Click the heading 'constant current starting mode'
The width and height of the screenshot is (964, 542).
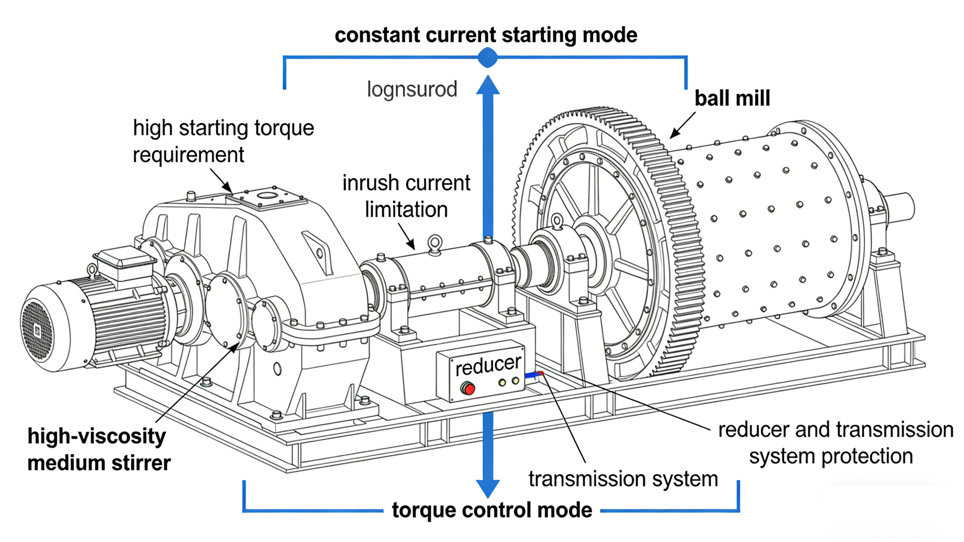pyautogui.click(x=486, y=35)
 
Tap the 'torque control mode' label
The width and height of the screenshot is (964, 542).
pyautogui.click(x=492, y=510)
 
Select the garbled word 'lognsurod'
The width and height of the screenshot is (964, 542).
pyautogui.click(x=412, y=89)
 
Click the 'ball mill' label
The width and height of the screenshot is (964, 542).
pyautogui.click(x=732, y=99)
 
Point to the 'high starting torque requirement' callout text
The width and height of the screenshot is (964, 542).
pyautogui.click(x=224, y=141)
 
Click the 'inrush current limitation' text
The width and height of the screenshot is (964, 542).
pyautogui.click(x=406, y=196)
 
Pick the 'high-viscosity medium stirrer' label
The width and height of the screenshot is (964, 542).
pyautogui.click(x=99, y=449)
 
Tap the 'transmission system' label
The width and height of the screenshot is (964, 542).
pyautogui.click(x=623, y=479)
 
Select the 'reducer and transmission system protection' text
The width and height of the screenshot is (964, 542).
pyautogui.click(x=835, y=443)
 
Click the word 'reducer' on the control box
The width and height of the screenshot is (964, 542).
pyautogui.click(x=488, y=365)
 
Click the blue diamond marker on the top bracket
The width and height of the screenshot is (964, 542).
pyautogui.click(x=488, y=58)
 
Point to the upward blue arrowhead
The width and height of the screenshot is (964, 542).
pyautogui.click(x=488, y=85)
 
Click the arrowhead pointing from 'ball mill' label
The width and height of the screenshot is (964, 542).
pyautogui.click(x=673, y=135)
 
